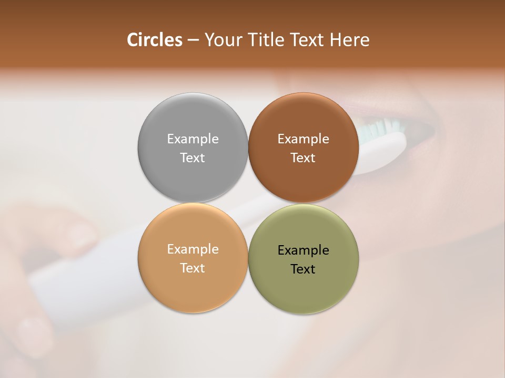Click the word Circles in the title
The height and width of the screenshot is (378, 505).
[154, 40]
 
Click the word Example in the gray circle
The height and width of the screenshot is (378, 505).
[193, 139]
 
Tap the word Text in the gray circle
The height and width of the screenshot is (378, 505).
[193, 158]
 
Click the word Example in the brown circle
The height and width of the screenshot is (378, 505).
[303, 139]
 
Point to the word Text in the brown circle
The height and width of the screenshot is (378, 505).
[303, 158]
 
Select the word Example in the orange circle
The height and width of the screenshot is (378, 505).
[193, 249]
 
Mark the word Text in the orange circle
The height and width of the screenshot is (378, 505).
[193, 268]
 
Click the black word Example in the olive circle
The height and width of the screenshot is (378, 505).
[303, 250]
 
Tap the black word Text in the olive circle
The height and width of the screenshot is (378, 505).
[303, 269]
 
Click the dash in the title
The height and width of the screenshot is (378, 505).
[193, 40]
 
